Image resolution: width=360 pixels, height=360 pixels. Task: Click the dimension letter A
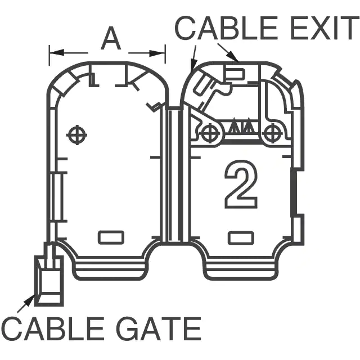tap(111, 40)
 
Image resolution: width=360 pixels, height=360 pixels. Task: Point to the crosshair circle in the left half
tap(76, 134)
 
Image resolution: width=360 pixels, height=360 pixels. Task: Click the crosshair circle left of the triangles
tap(210, 134)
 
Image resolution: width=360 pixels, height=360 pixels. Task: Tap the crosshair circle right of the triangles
tap(272, 134)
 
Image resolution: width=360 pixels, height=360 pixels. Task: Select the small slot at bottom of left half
tap(111, 237)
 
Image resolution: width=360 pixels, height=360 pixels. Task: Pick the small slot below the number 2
tap(241, 238)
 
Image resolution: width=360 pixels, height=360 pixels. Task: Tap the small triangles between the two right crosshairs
tap(241, 127)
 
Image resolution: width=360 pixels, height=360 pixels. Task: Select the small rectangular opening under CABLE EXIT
tap(234, 73)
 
